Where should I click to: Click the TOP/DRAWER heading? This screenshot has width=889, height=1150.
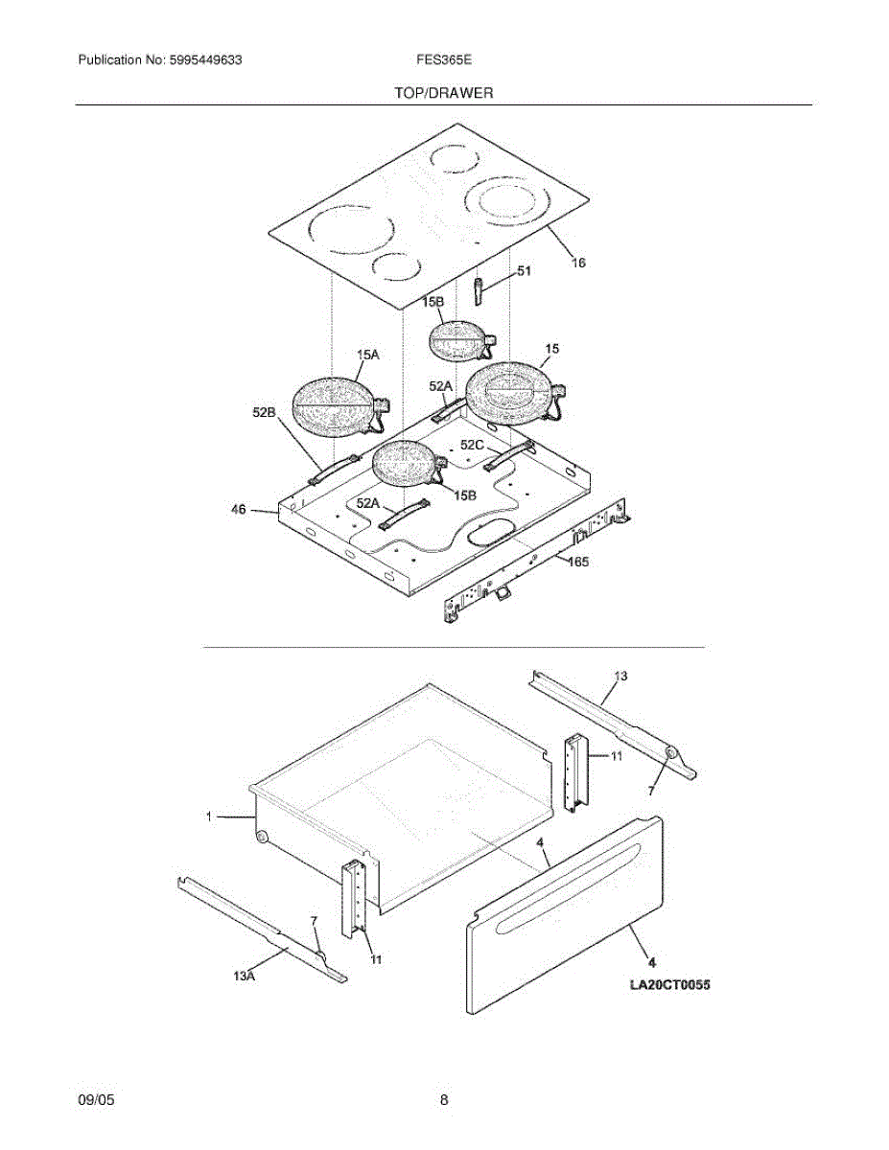[x=443, y=93]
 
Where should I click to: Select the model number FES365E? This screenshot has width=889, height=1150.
[x=443, y=59]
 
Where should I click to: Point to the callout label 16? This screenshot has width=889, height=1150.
[x=578, y=262]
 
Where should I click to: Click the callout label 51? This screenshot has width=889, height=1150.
[x=524, y=271]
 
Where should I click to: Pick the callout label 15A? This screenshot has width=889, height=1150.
[x=367, y=355]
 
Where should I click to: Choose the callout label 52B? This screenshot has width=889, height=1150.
[x=265, y=411]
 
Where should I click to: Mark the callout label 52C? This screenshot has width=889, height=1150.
[x=471, y=445]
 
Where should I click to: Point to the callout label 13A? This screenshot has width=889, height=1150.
[x=245, y=976]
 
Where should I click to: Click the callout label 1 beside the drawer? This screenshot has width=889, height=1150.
[x=208, y=816]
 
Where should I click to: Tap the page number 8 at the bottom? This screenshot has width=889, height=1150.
[x=444, y=1101]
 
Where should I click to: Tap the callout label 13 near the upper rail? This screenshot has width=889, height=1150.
[x=620, y=677]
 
